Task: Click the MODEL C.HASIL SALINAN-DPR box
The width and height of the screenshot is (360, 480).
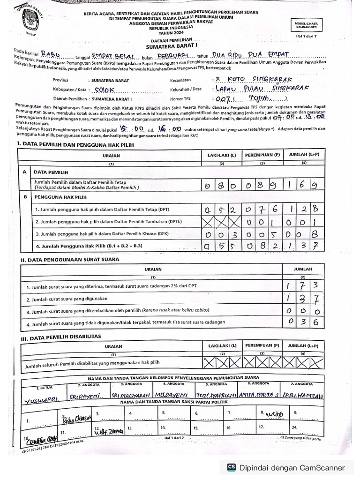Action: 307,25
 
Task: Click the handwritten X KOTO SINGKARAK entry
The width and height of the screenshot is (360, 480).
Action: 254,80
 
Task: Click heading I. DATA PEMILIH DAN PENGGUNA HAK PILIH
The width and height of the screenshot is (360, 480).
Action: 75,145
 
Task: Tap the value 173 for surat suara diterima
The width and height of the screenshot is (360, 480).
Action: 303,285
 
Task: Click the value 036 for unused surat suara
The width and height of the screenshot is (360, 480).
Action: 303,322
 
